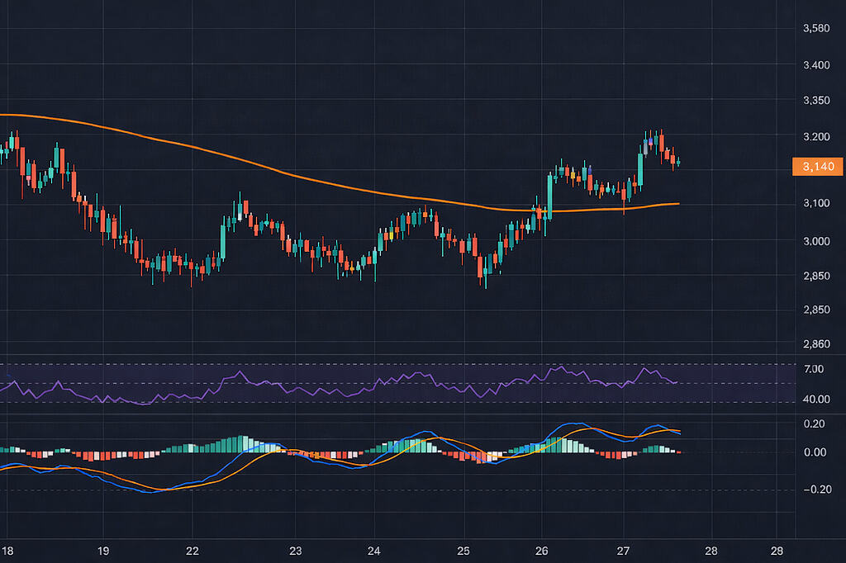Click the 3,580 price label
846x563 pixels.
coord(815,29)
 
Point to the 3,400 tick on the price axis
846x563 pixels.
coord(815,64)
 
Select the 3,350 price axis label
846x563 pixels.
coord(815,101)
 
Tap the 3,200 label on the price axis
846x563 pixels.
coord(815,136)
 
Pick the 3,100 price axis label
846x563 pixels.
coord(815,203)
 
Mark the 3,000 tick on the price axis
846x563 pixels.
coord(815,240)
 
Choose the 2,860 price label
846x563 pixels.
coord(815,343)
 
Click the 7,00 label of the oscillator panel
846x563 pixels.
coord(813,369)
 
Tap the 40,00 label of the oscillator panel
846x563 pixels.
coord(815,399)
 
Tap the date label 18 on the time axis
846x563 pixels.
coord(8,550)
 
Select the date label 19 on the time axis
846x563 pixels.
coord(103,550)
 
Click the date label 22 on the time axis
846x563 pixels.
coord(192,550)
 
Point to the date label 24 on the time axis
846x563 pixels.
coord(374,550)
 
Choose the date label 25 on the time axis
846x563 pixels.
coord(463,550)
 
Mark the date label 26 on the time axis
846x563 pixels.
coord(542,550)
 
